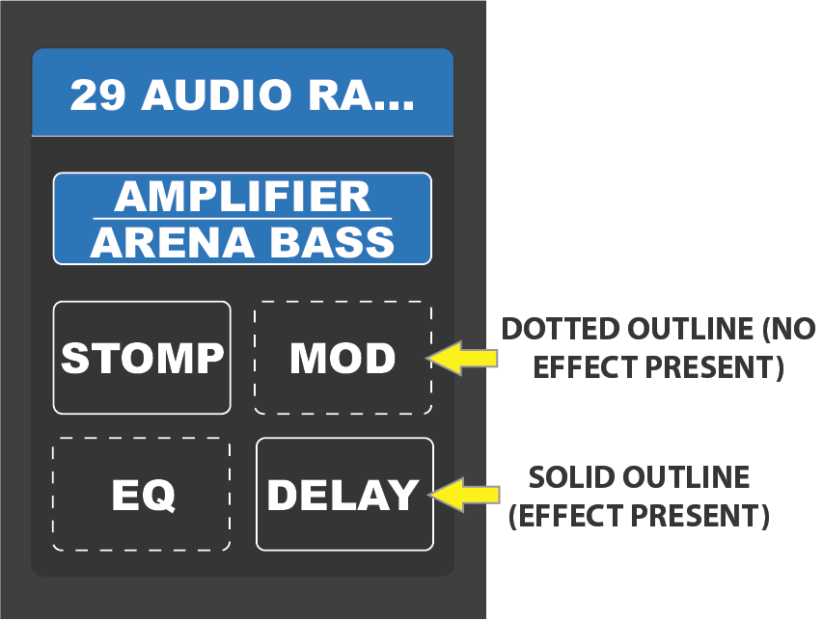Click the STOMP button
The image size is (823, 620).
142,358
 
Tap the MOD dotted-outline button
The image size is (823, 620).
343,359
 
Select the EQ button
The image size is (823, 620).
142,495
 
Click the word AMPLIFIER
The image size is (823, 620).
241,197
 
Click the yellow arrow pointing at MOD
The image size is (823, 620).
464,358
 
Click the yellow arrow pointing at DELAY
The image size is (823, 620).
464,494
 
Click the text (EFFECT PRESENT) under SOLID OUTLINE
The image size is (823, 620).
639,517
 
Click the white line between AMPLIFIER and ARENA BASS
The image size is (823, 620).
241,219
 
